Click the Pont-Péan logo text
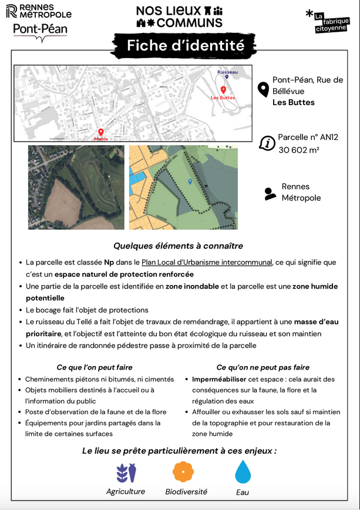[40, 29]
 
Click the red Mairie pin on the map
[100, 133]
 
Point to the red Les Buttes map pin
[223, 90]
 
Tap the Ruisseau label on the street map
[227, 72]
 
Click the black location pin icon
[264, 89]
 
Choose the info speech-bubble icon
[267, 143]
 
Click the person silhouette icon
[270, 193]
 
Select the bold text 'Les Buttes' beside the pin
[293, 102]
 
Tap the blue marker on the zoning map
[190, 182]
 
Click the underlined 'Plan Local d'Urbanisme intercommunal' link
[207, 263]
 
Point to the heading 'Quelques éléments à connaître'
[178, 246]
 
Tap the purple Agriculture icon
[126, 472]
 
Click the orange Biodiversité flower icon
[183, 471]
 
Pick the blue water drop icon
[243, 472]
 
